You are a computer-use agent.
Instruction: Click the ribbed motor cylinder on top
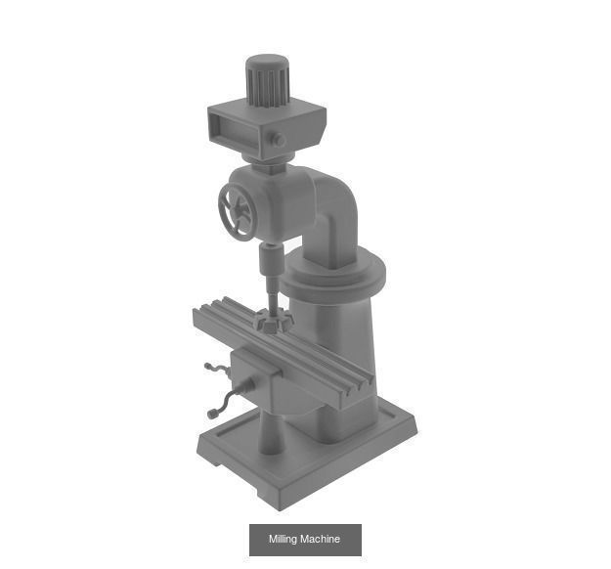[266, 80]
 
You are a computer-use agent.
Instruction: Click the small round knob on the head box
[279, 140]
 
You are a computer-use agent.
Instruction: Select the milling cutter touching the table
[269, 321]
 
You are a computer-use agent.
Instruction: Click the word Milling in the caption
[284, 540]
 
